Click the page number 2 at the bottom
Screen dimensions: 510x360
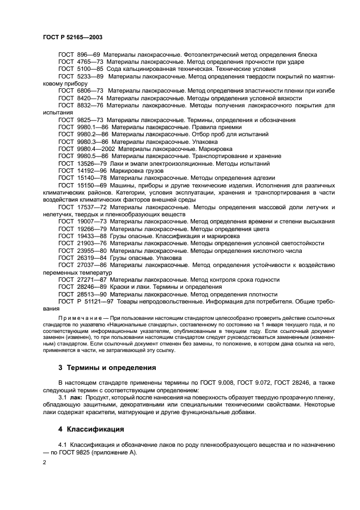click(x=45, y=462)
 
